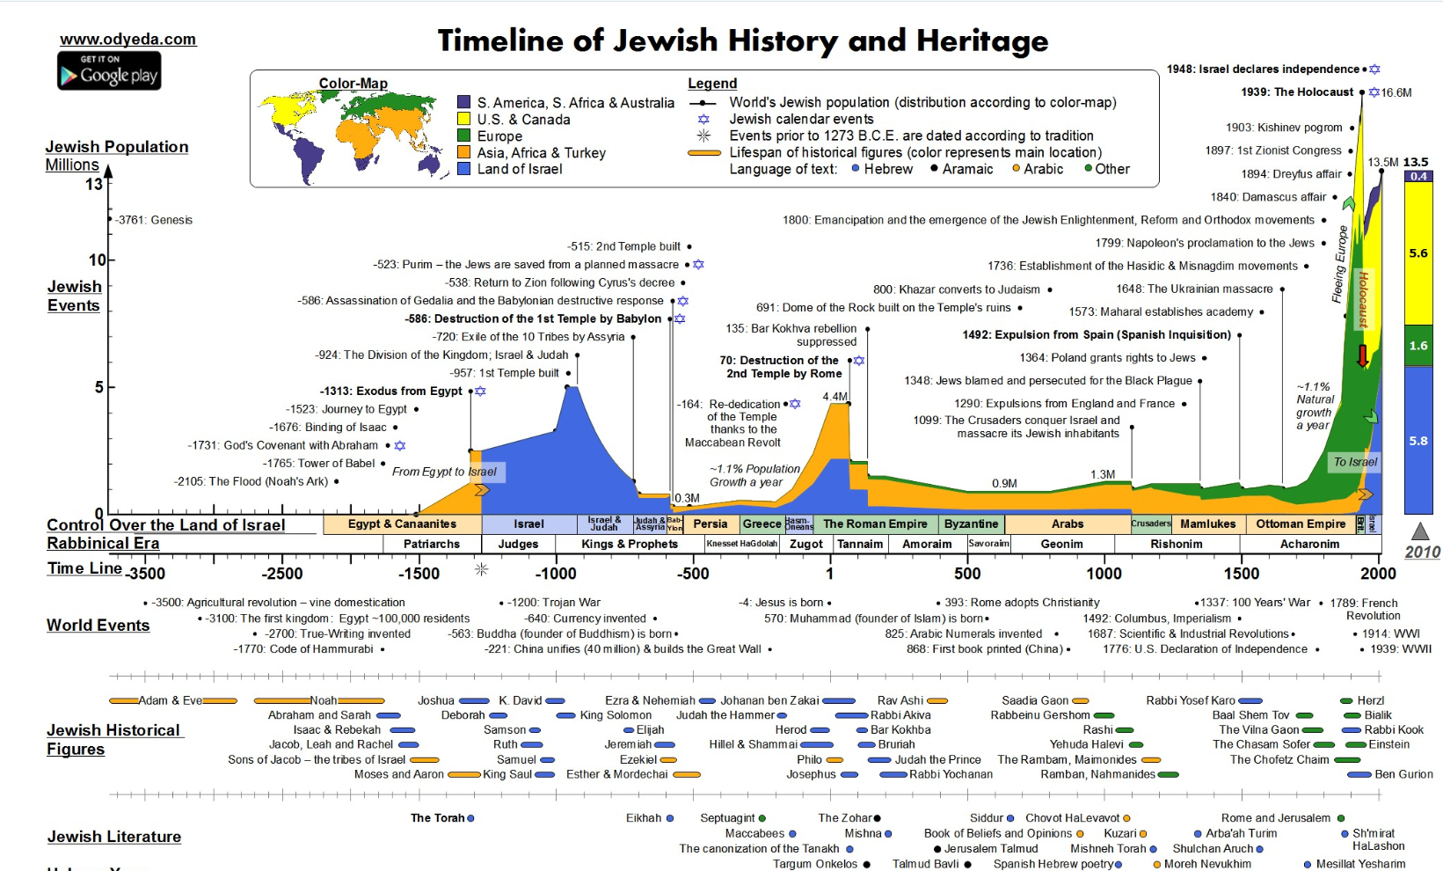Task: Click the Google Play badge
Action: (109, 70)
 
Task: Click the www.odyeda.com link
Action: (128, 39)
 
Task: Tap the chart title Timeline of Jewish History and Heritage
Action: (743, 40)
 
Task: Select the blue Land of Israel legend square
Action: (464, 169)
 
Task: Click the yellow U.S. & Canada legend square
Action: (464, 119)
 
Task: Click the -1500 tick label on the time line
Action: (419, 574)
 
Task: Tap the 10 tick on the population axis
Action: (97, 260)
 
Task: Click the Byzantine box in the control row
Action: (971, 523)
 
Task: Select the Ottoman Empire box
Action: (1301, 523)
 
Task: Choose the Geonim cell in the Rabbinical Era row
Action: (1061, 544)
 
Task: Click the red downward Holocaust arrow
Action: (1362, 355)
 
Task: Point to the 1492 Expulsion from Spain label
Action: (1096, 334)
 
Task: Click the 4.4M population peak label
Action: (834, 396)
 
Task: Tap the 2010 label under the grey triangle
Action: (1422, 552)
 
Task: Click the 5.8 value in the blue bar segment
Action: (1418, 441)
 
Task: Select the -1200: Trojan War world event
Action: (553, 603)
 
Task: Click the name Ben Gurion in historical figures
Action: (1403, 774)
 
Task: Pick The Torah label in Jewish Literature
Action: (437, 818)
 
